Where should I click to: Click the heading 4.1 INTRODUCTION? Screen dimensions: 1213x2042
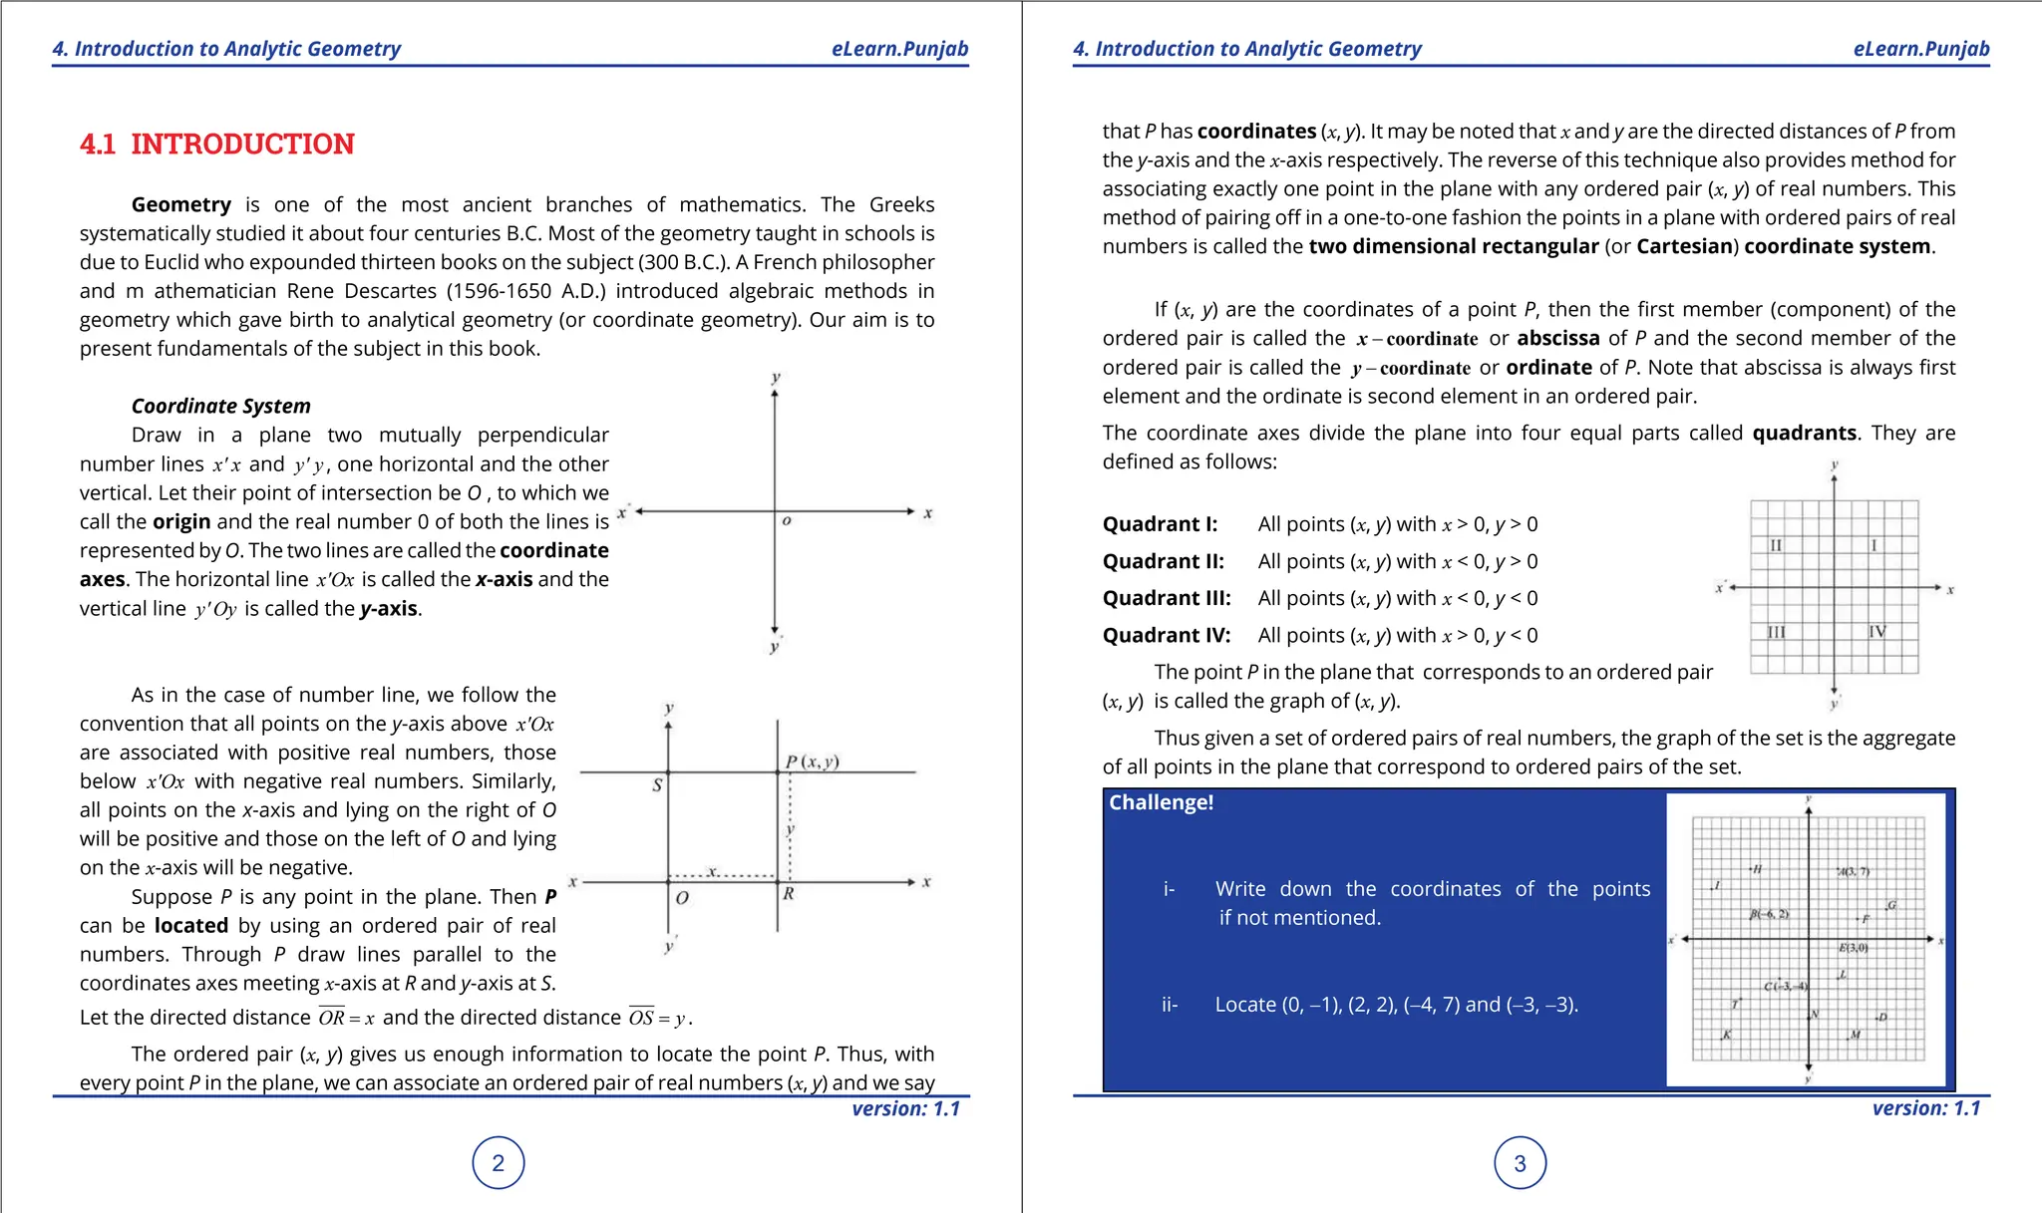point(217,145)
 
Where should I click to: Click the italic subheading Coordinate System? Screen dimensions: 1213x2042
point(220,406)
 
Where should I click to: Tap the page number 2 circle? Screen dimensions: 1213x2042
point(499,1163)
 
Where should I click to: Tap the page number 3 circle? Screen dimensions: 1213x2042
point(1520,1163)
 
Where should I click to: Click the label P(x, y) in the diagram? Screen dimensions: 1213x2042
point(813,761)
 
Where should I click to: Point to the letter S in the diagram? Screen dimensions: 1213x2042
point(657,785)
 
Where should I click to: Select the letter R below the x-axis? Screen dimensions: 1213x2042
point(788,894)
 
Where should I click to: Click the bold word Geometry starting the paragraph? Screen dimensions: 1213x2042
point(180,204)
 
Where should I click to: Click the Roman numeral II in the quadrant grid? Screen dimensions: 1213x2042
point(1776,545)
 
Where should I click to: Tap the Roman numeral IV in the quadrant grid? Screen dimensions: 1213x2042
point(1876,632)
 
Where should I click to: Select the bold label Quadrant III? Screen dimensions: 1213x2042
point(1167,598)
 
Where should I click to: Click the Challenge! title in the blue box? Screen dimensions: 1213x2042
point(1161,802)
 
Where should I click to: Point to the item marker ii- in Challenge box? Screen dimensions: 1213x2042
point(1170,1005)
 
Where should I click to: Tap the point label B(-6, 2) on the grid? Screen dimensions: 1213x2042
point(1769,914)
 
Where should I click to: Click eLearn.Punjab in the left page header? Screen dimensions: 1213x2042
point(899,49)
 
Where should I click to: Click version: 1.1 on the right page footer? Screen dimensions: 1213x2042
point(1925,1108)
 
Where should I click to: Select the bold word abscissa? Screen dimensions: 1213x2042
point(1557,338)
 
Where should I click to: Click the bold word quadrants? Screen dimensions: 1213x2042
point(1804,433)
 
